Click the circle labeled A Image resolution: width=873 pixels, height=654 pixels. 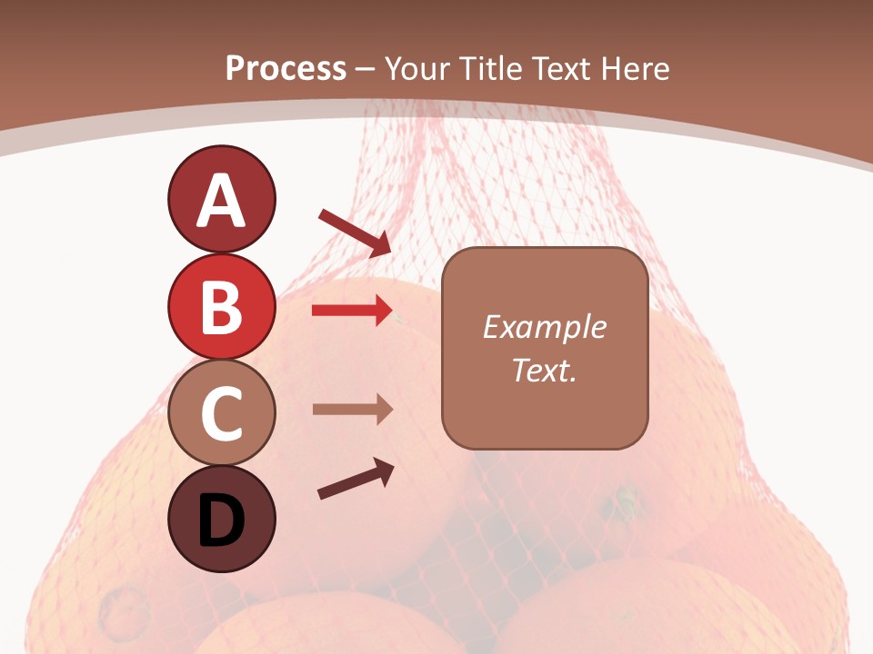coord(221,200)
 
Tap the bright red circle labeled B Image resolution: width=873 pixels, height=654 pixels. coord(221,306)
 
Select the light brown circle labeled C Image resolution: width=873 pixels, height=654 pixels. coord(221,413)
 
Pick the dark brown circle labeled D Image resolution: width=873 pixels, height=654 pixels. coord(221,520)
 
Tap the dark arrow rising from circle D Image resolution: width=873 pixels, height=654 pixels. coord(356,479)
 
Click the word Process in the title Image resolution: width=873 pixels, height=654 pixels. coord(286,68)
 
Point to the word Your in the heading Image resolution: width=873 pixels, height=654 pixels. coord(416,68)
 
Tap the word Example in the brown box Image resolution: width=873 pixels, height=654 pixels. coord(544,327)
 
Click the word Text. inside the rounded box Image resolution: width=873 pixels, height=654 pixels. coord(544,371)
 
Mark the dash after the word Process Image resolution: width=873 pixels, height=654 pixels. coord(366,69)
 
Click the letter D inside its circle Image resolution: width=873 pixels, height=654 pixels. coord(221,520)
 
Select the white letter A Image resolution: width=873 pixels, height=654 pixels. coord(221,201)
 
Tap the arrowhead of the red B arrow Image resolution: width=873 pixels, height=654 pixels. coord(383,311)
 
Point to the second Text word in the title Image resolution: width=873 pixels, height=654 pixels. coord(561,68)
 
